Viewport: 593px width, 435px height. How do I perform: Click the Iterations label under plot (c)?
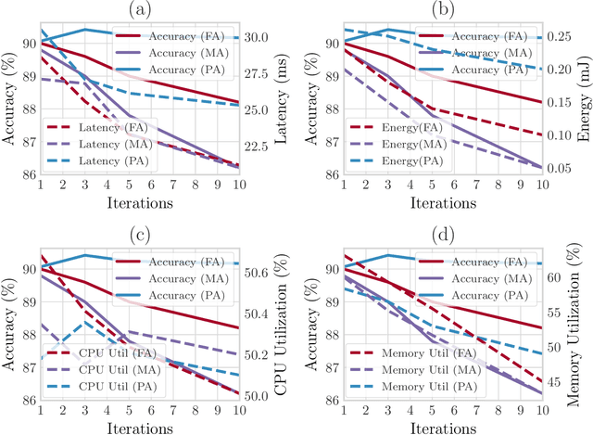139,426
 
